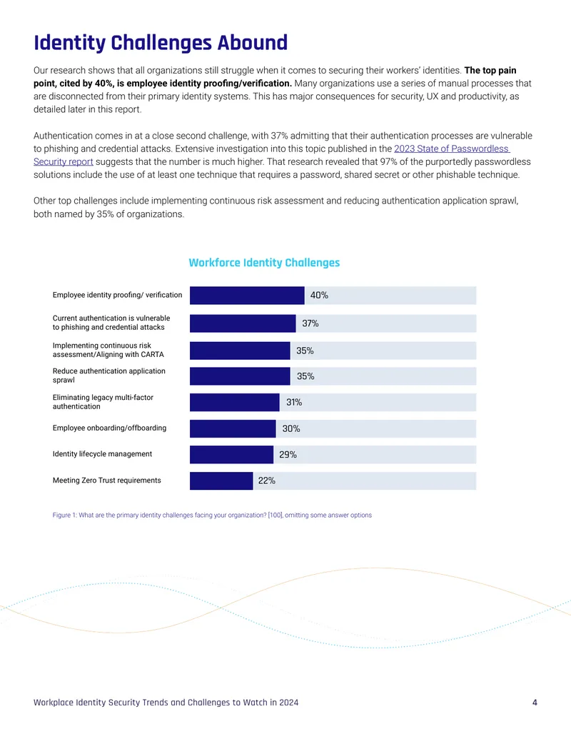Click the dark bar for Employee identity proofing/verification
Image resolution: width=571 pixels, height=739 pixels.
pyautogui.click(x=247, y=296)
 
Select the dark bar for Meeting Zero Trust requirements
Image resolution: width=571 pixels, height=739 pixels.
pyautogui.click(x=221, y=481)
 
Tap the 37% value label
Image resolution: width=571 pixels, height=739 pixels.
pyautogui.click(x=310, y=323)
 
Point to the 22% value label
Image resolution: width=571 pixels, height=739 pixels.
pyautogui.click(x=267, y=481)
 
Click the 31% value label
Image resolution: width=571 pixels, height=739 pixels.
pyautogui.click(x=294, y=403)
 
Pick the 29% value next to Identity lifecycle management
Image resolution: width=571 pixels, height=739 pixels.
pyautogui.click(x=288, y=455)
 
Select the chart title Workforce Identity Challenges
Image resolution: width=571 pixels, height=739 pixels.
pyautogui.click(x=264, y=263)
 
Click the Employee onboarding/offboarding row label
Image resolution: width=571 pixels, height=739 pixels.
pyautogui.click(x=109, y=428)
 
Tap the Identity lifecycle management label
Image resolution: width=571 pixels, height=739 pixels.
pyautogui.click(x=102, y=454)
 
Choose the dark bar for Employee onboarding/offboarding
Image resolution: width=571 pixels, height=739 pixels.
pyautogui.click(x=233, y=429)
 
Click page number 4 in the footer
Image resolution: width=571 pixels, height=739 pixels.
pyautogui.click(x=535, y=703)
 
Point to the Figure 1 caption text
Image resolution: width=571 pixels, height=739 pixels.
pyautogui.click(x=212, y=515)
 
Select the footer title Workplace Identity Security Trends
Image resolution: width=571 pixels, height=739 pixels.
pyautogui.click(x=166, y=703)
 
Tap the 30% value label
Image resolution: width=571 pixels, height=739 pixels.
pyautogui.click(x=291, y=429)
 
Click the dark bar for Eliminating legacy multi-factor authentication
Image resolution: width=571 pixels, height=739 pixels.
pyautogui.click(x=235, y=403)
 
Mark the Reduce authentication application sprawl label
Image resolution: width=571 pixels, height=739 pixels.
pyautogui.click(x=108, y=376)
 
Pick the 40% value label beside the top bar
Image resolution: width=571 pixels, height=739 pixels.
pyautogui.click(x=319, y=296)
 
